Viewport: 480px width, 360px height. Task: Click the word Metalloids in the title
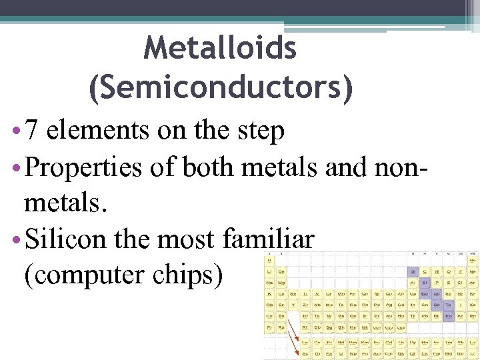tap(220, 47)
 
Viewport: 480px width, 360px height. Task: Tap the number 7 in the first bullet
tap(33, 131)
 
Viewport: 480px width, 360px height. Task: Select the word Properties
tap(83, 167)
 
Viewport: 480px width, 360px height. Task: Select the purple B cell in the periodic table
tap(413, 271)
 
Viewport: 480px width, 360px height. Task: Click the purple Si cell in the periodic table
tap(424, 282)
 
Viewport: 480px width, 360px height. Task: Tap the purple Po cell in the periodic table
tap(448, 315)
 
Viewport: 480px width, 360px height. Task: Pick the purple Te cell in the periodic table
tap(448, 305)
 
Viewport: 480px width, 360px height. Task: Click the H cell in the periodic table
tap(269, 261)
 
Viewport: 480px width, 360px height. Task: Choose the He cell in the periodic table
tap(472, 261)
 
